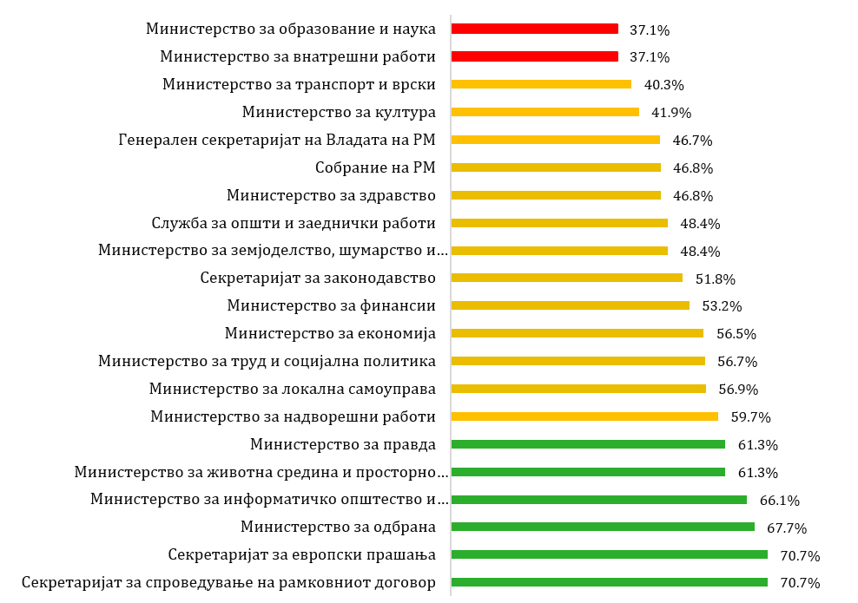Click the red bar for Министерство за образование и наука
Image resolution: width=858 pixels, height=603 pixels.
pos(535,29)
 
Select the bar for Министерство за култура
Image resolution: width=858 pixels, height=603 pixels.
pos(545,112)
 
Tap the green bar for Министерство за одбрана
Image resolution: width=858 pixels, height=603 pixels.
pos(603,527)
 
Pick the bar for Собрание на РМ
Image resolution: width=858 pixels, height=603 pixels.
pos(556,167)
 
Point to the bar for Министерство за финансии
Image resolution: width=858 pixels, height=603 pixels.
pos(571,305)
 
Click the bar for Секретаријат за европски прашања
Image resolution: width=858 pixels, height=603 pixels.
pos(610,554)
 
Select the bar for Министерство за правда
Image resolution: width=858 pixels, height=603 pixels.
pos(588,444)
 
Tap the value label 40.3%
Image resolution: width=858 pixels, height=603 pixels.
pos(663,85)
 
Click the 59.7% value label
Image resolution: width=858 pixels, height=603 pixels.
pos(751,417)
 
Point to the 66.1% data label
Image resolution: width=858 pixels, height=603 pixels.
pos(779,501)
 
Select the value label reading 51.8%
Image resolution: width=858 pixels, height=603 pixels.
pos(715,279)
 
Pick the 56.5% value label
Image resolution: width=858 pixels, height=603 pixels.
pos(736,334)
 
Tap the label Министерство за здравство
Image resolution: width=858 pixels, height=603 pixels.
pos(331,195)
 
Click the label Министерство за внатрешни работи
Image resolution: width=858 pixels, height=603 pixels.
pos(298,56)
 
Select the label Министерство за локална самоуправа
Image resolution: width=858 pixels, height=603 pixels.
pos(292,389)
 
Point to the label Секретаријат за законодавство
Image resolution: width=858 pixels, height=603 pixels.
pos(318,279)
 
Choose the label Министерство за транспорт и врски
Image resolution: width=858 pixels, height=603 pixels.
pos(299,84)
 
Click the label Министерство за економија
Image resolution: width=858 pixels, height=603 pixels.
pos(330,333)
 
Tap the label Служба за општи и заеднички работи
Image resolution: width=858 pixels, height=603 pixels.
pos(293,223)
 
